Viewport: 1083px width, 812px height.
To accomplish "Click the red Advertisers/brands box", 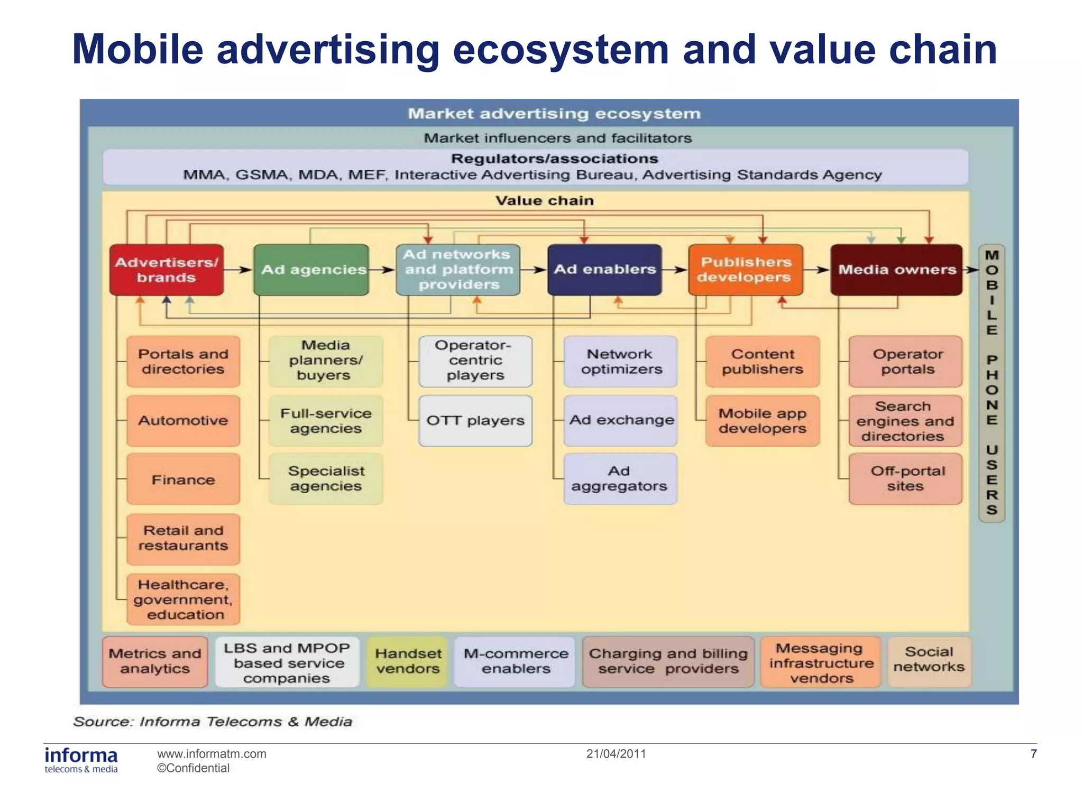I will (x=167, y=270).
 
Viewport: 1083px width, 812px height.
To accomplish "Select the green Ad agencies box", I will (x=311, y=270).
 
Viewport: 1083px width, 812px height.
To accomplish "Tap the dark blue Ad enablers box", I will (x=604, y=270).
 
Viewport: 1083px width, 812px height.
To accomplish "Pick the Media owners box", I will (x=896, y=270).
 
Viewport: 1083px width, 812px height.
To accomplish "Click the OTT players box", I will (x=475, y=421).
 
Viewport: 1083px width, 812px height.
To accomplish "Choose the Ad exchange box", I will (x=621, y=421).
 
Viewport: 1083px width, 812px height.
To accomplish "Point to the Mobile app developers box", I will (x=762, y=421).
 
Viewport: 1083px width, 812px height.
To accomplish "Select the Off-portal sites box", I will (x=905, y=479).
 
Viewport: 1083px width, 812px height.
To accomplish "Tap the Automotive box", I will (x=183, y=421).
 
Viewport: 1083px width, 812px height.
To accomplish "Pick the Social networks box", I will (x=929, y=661).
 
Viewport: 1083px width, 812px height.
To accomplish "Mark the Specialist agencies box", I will (x=326, y=479).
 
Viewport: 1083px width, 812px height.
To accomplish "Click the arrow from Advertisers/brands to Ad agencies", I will (x=238, y=270).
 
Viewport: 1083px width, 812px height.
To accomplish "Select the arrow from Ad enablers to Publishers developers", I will (x=675, y=270).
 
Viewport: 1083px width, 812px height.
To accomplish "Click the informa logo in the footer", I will (x=81, y=760).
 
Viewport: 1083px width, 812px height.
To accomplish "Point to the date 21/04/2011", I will (x=616, y=754).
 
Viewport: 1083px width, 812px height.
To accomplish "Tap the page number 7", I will (x=1033, y=754).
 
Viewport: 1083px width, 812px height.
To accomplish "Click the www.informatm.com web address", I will (x=212, y=754).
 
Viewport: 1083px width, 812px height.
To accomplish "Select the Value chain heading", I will (x=545, y=201).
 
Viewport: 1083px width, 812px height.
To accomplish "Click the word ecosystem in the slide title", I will (x=561, y=50).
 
